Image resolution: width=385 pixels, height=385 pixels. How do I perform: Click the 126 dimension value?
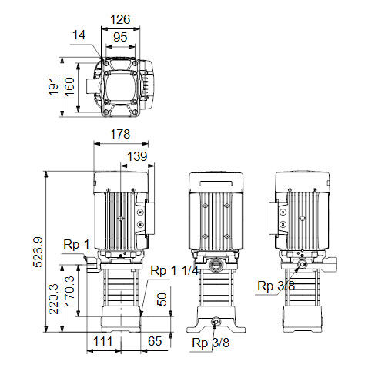[120, 20]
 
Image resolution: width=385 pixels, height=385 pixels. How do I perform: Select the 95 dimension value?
[120, 38]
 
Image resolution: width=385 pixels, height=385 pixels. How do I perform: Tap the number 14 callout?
[79, 35]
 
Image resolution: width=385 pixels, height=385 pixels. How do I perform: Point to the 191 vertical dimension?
[54, 86]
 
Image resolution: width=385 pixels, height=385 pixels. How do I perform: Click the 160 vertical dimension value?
[69, 87]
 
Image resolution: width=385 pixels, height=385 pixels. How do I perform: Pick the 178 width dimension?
[120, 134]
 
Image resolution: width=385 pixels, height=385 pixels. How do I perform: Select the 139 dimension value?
[137, 156]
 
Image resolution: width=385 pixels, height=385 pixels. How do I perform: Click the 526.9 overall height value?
[38, 253]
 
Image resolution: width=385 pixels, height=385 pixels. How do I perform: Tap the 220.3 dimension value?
[54, 300]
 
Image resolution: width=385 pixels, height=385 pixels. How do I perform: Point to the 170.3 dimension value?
[69, 291]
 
